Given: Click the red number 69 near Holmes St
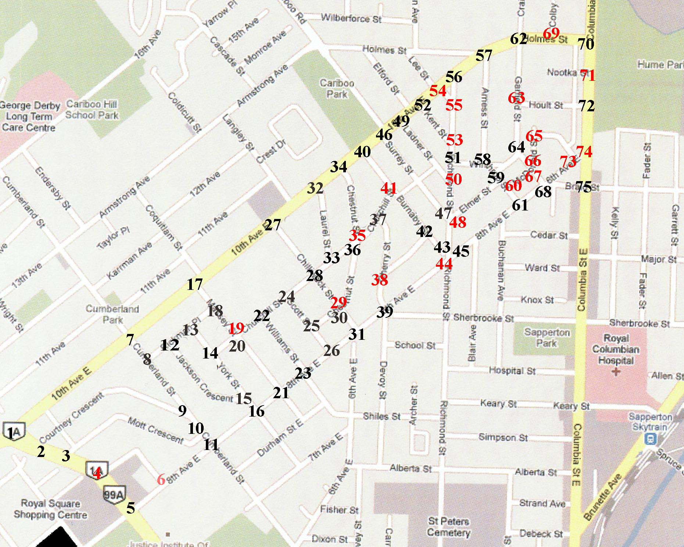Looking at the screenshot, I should (551, 33).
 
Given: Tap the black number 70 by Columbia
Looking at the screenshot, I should (585, 44).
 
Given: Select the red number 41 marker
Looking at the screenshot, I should (388, 188).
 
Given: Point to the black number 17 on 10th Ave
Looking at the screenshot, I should (194, 284).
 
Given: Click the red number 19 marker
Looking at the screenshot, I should (236, 328).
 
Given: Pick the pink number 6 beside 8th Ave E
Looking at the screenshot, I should (161, 479).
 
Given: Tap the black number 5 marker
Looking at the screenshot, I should (130, 508).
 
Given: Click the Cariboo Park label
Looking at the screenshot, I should (337, 89).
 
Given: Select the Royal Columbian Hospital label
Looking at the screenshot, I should (616, 349).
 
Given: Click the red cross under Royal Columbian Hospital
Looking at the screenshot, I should (616, 371).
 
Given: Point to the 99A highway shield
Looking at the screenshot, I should (114, 494).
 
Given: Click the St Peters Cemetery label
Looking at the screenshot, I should (449, 527).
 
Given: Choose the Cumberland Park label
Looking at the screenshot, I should (112, 314).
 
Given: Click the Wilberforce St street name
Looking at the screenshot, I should (351, 18).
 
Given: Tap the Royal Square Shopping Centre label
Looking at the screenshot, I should (50, 509).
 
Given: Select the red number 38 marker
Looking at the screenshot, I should (379, 280).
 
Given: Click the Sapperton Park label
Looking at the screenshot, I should (547, 338).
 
